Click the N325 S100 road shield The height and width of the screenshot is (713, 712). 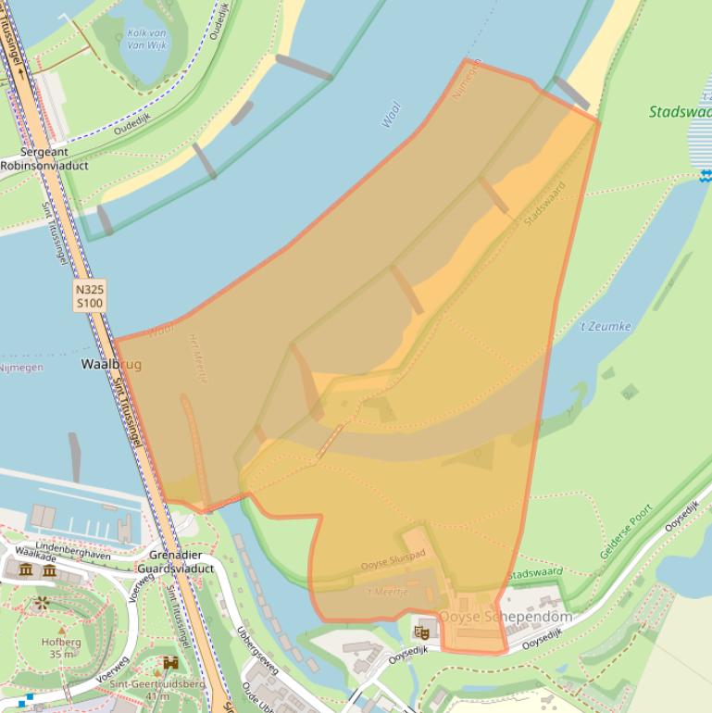(x=90, y=295)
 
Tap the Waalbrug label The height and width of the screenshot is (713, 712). (x=111, y=364)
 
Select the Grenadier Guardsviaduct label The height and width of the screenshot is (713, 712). (x=175, y=561)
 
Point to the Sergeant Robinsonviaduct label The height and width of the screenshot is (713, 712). (x=44, y=158)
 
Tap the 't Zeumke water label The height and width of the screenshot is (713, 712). (x=606, y=326)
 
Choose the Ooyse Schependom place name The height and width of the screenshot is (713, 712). (x=506, y=617)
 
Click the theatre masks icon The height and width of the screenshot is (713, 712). (x=422, y=632)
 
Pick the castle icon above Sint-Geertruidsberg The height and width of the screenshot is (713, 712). (x=170, y=663)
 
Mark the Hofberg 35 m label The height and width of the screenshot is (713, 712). (x=61, y=647)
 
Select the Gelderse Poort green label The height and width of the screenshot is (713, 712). (x=626, y=531)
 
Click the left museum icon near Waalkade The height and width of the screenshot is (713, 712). (x=26, y=570)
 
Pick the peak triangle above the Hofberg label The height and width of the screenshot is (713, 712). (x=62, y=630)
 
